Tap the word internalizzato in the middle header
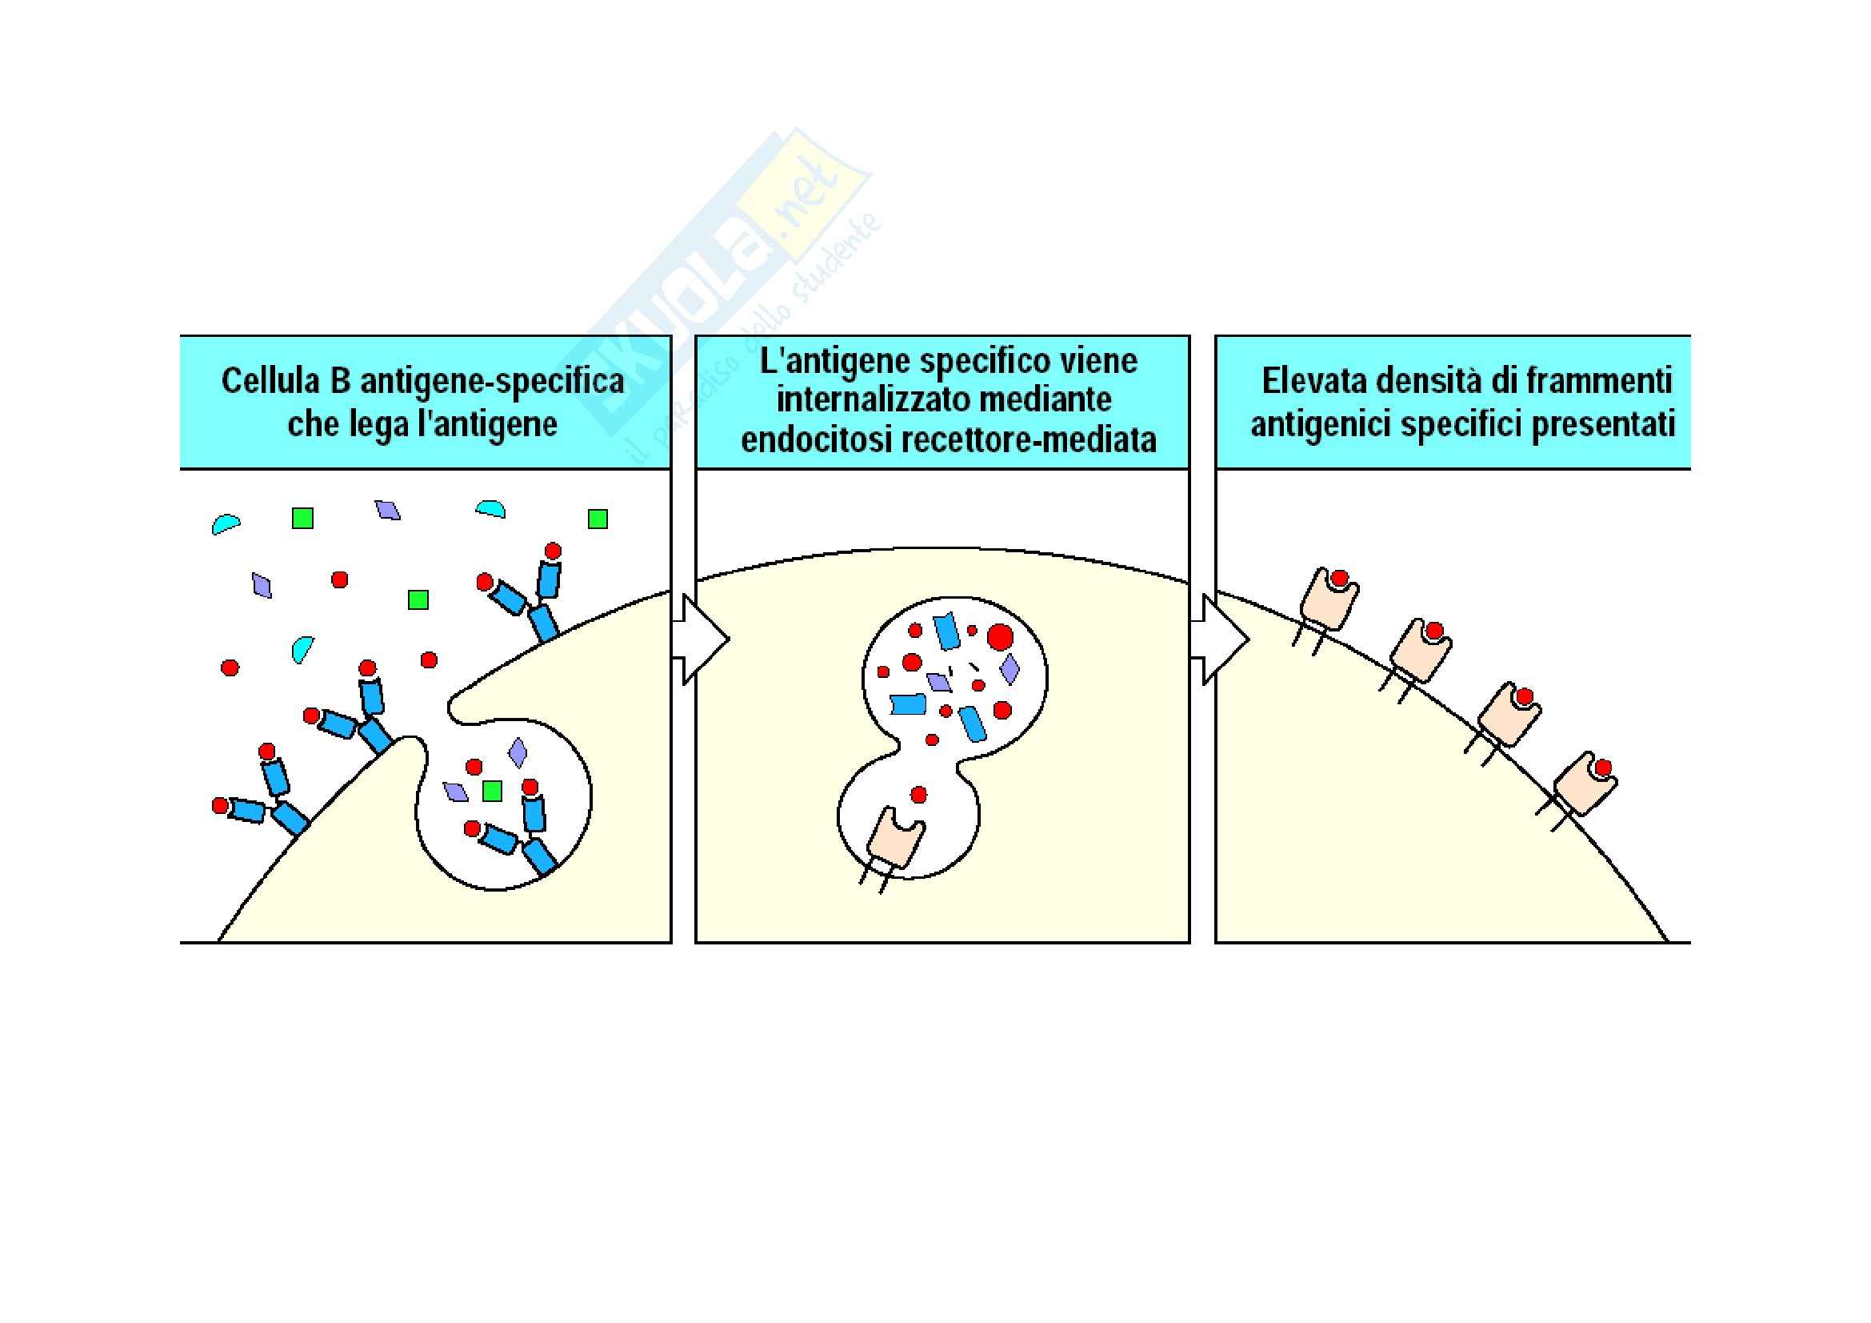click(868, 399)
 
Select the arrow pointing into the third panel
click(1220, 638)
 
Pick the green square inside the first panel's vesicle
click(491, 790)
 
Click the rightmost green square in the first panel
click(598, 519)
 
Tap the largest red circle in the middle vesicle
click(1000, 635)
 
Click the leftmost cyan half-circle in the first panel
click(226, 523)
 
